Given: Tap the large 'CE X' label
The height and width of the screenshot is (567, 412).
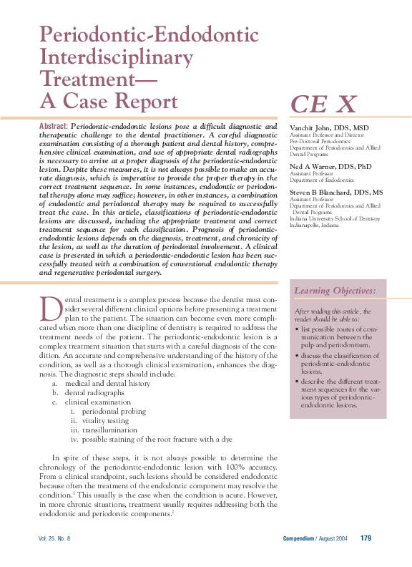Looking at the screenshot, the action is [x=323, y=105].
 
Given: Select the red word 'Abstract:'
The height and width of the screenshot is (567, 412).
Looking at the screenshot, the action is [x=54, y=126].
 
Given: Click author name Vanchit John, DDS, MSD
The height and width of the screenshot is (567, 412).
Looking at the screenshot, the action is [x=328, y=127].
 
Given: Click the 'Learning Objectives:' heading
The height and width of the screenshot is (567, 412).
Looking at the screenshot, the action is [x=335, y=291].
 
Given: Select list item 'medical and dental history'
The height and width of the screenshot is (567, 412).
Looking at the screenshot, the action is [x=107, y=383].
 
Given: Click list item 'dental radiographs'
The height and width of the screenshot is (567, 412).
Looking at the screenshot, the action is [x=95, y=392].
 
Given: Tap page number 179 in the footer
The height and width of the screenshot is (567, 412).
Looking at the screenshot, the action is [x=365, y=538].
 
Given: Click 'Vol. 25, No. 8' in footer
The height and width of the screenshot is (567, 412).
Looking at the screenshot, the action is [x=54, y=538].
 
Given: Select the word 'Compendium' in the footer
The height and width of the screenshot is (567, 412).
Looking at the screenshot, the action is [x=299, y=538].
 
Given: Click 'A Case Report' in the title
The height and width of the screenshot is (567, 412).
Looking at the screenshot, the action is [x=109, y=100].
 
